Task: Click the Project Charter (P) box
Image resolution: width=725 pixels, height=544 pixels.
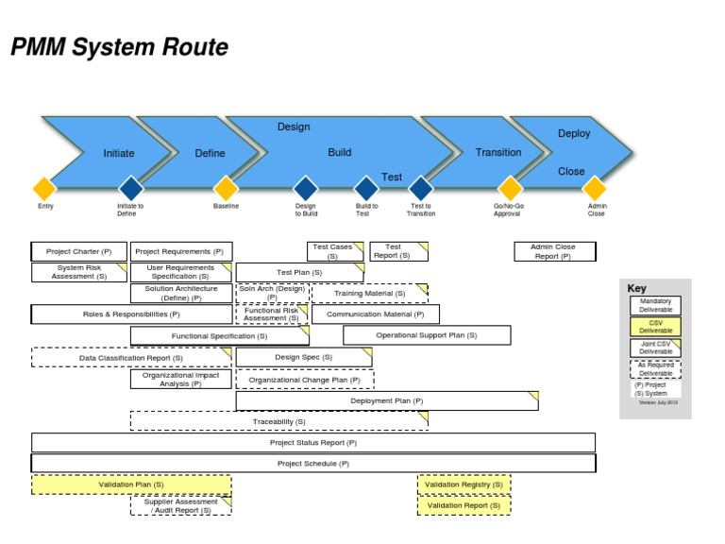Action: pos(79,252)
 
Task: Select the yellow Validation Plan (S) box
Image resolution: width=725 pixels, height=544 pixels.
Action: pos(131,484)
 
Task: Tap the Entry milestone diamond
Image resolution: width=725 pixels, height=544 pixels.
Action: pos(44,188)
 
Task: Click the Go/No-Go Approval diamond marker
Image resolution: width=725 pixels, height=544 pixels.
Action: pos(510,188)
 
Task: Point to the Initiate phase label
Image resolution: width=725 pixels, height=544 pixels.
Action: pos(119,153)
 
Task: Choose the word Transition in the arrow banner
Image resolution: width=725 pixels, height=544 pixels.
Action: pos(498,152)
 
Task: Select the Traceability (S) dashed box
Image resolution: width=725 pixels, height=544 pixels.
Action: pos(278,421)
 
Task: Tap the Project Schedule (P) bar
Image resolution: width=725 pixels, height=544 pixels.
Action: pos(313,464)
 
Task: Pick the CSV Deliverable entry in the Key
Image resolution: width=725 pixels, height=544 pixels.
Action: pos(655,327)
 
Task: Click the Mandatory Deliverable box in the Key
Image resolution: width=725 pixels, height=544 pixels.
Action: pos(655,305)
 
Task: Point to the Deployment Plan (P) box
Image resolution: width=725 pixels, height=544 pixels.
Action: pos(387,400)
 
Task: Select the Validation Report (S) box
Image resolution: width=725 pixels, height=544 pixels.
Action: pos(464,506)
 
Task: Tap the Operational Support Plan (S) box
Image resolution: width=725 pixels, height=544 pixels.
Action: pos(427,335)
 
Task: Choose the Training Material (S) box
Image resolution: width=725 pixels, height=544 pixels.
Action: pos(370,294)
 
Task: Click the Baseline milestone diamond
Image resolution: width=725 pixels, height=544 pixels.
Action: pos(226,188)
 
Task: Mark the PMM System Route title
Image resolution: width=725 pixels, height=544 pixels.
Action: pos(119,47)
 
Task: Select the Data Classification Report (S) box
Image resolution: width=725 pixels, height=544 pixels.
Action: pos(131,358)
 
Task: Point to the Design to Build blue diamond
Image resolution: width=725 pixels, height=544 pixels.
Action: pos(305,188)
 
